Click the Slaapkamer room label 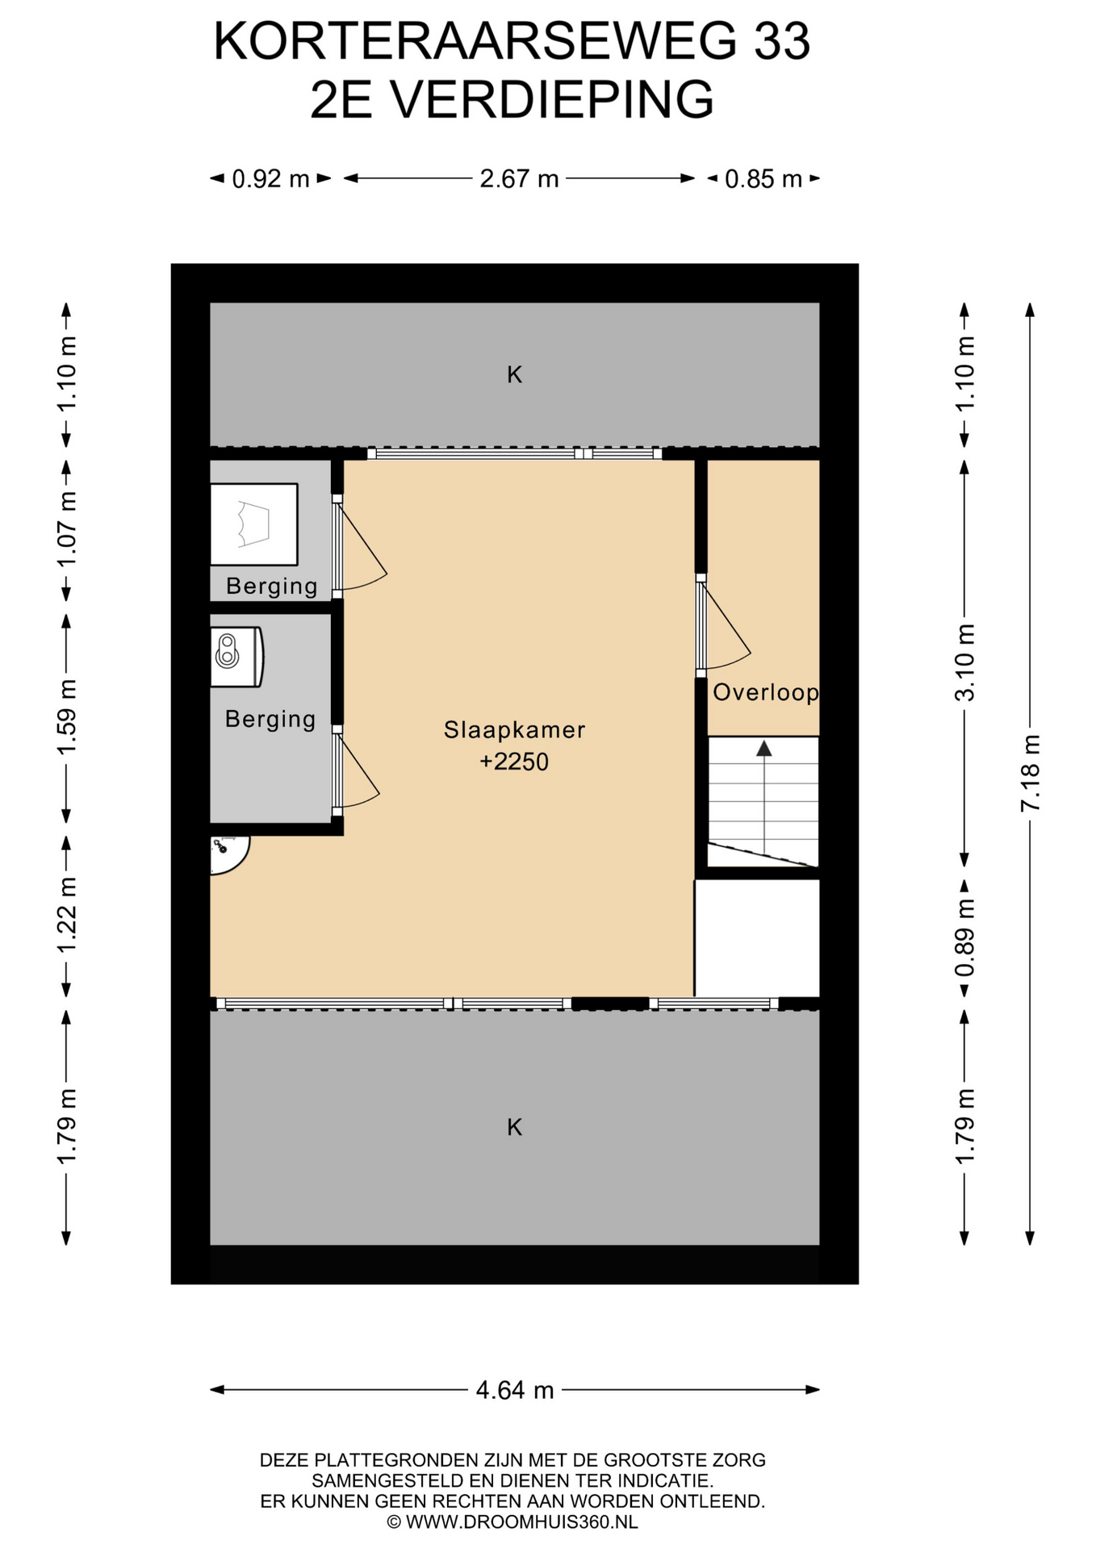point(514,729)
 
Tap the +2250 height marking point(514,762)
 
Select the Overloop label point(765,692)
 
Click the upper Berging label point(271,587)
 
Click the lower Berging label point(270,719)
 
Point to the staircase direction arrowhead point(763,748)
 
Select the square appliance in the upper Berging point(254,524)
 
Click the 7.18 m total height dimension point(1030,773)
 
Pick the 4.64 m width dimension point(515,1389)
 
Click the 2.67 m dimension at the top point(519,178)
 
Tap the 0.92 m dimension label point(271,178)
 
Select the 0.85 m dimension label point(763,178)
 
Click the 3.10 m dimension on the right point(964,662)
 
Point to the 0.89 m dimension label point(964,937)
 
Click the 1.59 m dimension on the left point(66,717)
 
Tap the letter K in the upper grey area point(514,374)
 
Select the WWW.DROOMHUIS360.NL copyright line point(512,1522)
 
